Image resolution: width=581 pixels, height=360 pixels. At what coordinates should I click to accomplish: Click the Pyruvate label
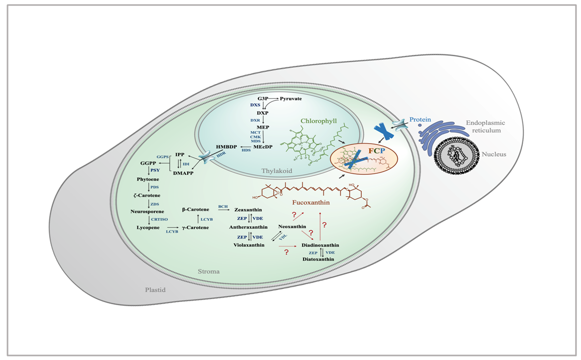coord(291,98)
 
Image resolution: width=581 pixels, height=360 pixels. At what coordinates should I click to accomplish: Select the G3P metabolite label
coord(263,98)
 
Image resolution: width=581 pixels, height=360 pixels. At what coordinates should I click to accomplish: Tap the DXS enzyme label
coord(255,105)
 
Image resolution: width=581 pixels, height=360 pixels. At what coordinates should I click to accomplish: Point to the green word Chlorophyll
coord(321,121)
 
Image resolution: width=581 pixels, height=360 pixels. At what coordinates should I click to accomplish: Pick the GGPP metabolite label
coord(148,164)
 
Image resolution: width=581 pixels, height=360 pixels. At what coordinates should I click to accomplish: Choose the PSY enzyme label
coord(155,171)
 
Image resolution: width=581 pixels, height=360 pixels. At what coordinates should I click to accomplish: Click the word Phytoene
coord(148,179)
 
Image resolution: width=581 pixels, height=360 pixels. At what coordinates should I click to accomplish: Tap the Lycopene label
coord(148,227)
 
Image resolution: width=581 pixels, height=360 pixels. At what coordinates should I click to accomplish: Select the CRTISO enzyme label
coord(158,219)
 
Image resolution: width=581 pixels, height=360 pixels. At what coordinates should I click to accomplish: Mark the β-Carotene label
coord(196,209)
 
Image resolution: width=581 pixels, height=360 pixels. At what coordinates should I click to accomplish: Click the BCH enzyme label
coord(223,206)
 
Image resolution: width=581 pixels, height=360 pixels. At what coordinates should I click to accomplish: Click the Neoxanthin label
coord(292,226)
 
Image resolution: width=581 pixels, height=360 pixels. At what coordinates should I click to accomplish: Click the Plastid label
coord(155,290)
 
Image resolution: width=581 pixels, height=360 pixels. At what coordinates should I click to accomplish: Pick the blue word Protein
coord(420,119)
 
